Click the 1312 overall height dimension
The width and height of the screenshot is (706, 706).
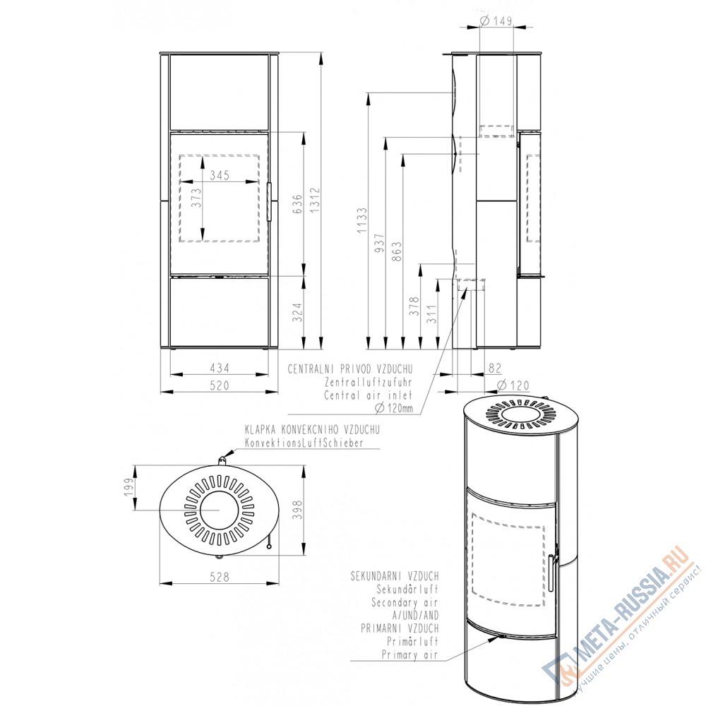(314, 200)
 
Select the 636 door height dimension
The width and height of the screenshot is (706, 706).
(297, 203)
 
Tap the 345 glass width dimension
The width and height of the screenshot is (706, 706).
(220, 174)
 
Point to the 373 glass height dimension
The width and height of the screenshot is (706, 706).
(196, 198)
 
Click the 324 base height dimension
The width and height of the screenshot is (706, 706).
(297, 313)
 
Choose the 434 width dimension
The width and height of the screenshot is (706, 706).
(220, 368)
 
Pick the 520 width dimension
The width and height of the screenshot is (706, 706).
(220, 385)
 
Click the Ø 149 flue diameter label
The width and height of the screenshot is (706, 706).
(496, 20)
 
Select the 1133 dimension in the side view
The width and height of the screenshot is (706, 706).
(362, 220)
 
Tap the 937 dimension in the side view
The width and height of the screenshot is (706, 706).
(380, 243)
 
